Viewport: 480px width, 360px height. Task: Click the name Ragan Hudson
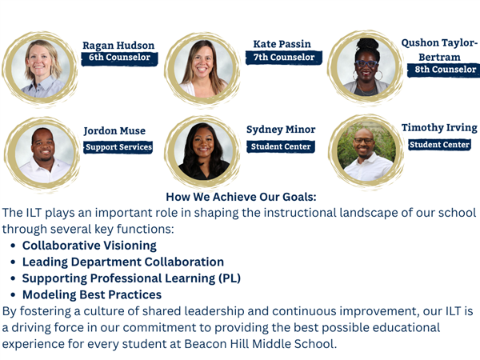point(118,46)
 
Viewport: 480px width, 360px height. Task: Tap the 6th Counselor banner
point(119,58)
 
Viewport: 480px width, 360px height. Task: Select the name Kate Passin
point(282,44)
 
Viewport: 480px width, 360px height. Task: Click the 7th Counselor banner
point(284,58)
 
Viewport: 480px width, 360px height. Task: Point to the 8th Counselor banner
point(444,70)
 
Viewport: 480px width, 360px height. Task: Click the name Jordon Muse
point(114,131)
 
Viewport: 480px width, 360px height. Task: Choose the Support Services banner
point(118,147)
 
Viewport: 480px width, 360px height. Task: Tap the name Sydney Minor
point(281,130)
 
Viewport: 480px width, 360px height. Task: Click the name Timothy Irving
point(439,128)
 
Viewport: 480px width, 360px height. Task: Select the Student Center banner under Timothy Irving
point(439,145)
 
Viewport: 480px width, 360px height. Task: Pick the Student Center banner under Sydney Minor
point(281,146)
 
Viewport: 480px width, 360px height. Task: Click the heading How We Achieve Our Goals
point(241,197)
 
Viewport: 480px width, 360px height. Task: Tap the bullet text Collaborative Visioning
point(90,246)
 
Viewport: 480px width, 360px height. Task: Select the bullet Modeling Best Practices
point(92,294)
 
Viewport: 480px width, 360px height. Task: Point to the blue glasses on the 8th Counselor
point(366,64)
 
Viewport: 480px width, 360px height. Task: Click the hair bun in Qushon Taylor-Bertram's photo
point(368,44)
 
